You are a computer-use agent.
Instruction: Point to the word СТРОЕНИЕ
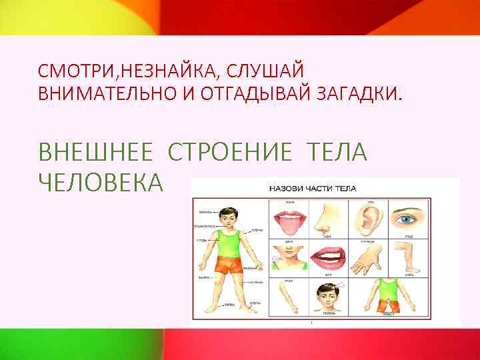coord(231,153)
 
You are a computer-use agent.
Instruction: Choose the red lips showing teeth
coord(329,257)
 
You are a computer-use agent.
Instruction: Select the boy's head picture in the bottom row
coord(328,293)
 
